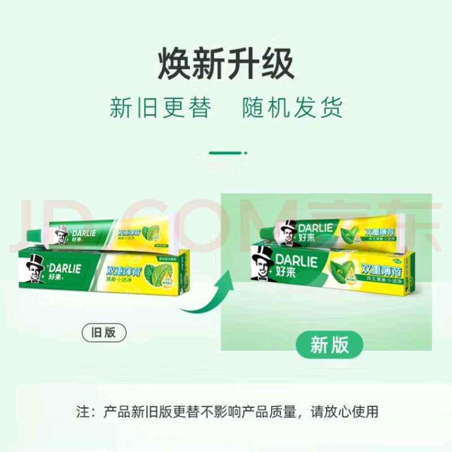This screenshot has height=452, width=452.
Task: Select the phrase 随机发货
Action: [x=292, y=108]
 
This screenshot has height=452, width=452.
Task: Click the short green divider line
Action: [x=225, y=153]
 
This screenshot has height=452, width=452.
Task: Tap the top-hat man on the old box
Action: [x=35, y=269]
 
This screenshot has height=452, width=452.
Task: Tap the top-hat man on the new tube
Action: [x=288, y=233]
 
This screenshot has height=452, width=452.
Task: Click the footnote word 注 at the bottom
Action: [x=82, y=411]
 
